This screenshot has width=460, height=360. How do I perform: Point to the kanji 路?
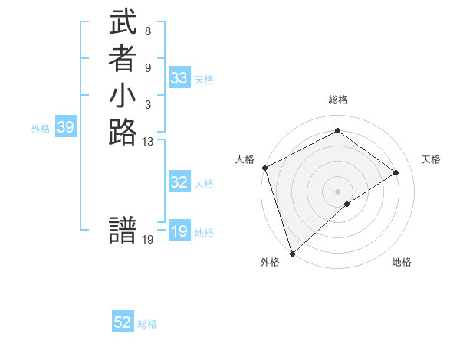pyautogui.click(x=123, y=133)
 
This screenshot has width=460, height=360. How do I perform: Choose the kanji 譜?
pyautogui.click(x=123, y=231)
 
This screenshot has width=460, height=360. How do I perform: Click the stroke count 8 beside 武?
pyautogui.click(x=147, y=32)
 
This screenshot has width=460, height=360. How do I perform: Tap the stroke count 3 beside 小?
pyautogui.click(x=147, y=104)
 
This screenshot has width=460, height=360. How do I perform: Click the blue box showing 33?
pyautogui.click(x=179, y=78)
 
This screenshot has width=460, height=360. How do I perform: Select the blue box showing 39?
pyautogui.click(x=65, y=128)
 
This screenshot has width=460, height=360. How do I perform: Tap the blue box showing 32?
pyautogui.click(x=179, y=182)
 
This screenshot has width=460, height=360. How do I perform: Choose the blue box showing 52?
pyautogui.click(x=123, y=323)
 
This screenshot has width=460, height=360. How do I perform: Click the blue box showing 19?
pyautogui.click(x=179, y=231)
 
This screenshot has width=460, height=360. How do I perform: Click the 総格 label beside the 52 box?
pyautogui.click(x=147, y=324)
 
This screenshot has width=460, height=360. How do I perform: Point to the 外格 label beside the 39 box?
pyautogui.click(x=41, y=129)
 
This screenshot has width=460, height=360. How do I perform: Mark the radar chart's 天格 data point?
pyautogui.click(x=396, y=172)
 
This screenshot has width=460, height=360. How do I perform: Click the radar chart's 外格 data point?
pyautogui.click(x=292, y=253)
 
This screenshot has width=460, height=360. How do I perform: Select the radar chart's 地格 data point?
pyautogui.click(x=347, y=204)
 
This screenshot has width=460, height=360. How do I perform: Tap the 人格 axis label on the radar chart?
pyautogui.click(x=245, y=159)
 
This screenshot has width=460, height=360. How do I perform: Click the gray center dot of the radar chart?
pyautogui.click(x=337, y=191)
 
